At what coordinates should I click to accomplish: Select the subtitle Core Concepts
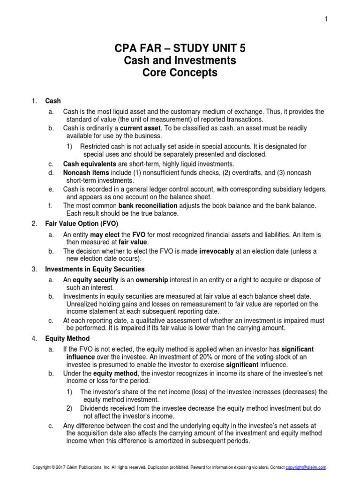[x=180, y=73]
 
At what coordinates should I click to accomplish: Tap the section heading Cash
[x=53, y=101]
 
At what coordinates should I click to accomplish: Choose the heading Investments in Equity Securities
[x=95, y=269]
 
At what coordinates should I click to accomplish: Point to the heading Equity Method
[x=67, y=338]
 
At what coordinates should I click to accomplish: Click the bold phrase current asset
[x=140, y=128]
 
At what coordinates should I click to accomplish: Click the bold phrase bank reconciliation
[x=148, y=206]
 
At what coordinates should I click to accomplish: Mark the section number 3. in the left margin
[x=34, y=269]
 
